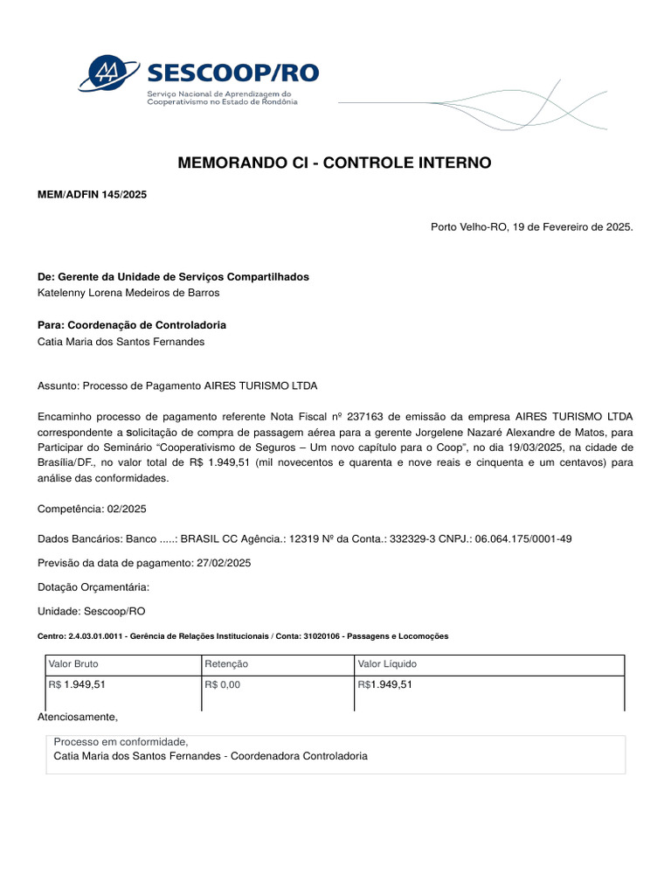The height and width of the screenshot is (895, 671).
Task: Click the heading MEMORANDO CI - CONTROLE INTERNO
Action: click(x=335, y=163)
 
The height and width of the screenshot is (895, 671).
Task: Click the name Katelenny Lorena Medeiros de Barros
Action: click(x=128, y=293)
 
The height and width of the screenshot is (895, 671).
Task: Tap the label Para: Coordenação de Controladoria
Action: click(x=132, y=325)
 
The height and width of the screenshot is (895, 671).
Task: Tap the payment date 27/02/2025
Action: click(x=224, y=563)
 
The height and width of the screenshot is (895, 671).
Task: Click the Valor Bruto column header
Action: click(x=73, y=664)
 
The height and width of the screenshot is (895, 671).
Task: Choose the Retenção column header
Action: click(x=226, y=664)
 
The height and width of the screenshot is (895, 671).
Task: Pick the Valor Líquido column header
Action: click(x=387, y=664)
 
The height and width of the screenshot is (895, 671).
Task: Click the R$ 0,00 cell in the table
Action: click(x=222, y=684)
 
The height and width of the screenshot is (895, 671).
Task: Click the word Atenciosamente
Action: click(x=77, y=717)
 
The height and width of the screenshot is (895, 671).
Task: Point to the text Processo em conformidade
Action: click(x=121, y=742)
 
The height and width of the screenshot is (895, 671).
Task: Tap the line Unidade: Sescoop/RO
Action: click(x=92, y=611)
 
